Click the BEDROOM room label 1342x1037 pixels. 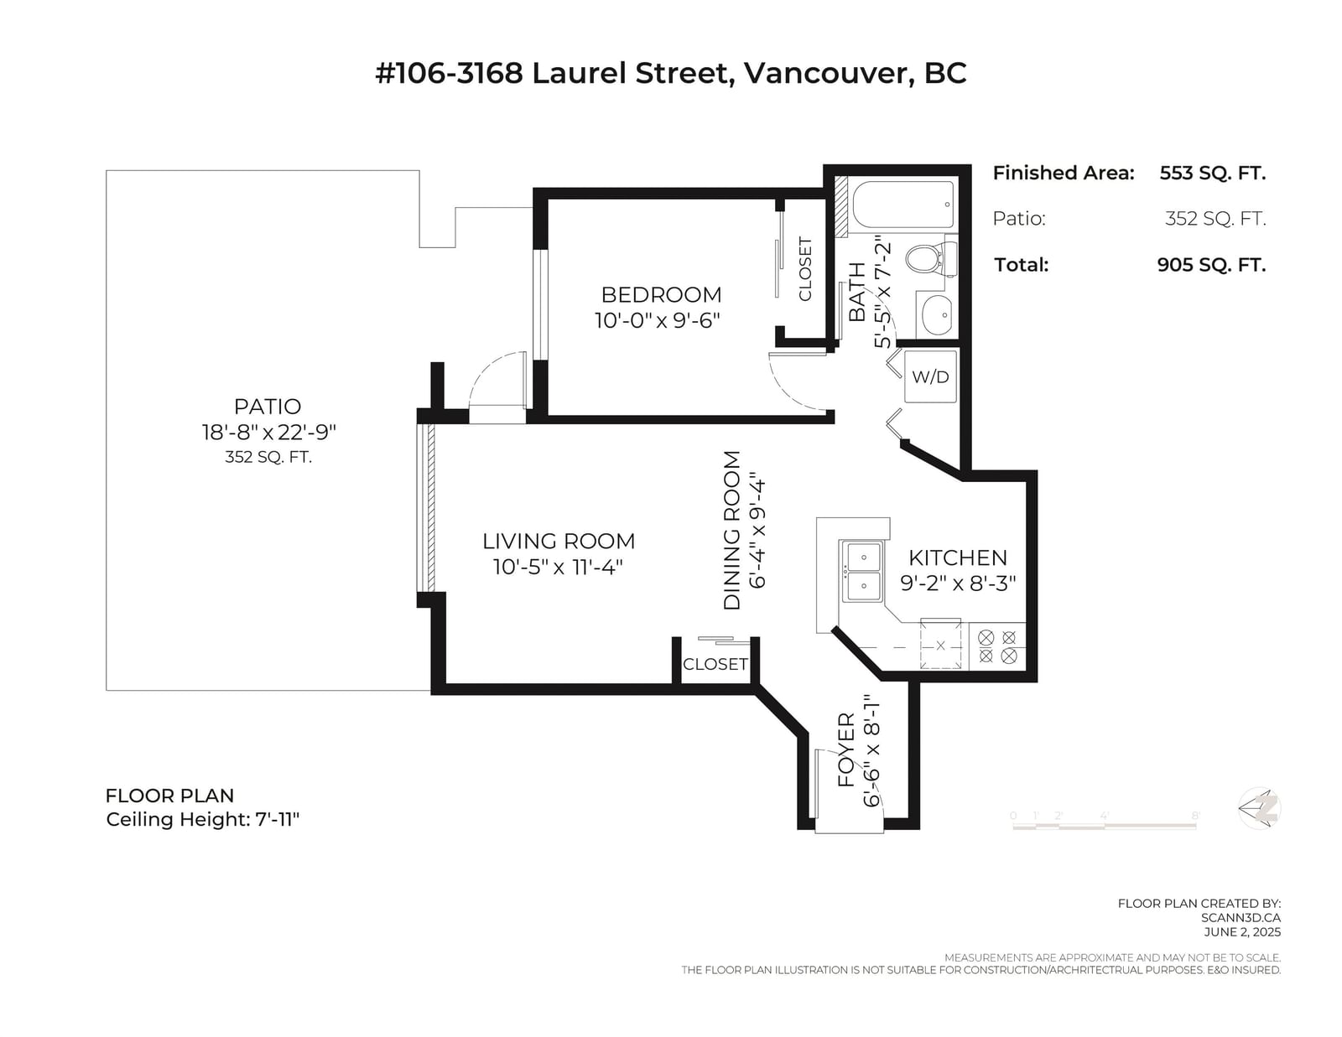pyautogui.click(x=661, y=294)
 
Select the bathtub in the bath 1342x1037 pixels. pyautogui.click(x=903, y=205)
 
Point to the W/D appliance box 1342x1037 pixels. pyautogui.click(x=930, y=376)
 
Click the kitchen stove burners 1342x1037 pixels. pyautogui.click(x=997, y=646)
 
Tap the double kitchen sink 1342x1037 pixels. pyautogui.click(x=863, y=571)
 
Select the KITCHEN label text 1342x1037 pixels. pyautogui.click(x=957, y=557)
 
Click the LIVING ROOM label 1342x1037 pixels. pyautogui.click(x=559, y=541)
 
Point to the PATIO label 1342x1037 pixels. pyautogui.click(x=268, y=406)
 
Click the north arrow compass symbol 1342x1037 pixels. pyautogui.click(x=1259, y=809)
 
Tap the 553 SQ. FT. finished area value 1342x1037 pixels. pyautogui.click(x=1212, y=173)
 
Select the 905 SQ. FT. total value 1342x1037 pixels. pyautogui.click(x=1211, y=265)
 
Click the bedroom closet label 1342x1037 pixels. pyautogui.click(x=804, y=269)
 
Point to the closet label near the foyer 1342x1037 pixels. pyautogui.click(x=715, y=664)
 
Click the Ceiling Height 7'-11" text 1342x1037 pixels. pyautogui.click(x=203, y=820)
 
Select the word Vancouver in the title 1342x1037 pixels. pyautogui.click(x=825, y=74)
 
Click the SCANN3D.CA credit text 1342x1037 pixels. pyautogui.click(x=1241, y=918)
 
